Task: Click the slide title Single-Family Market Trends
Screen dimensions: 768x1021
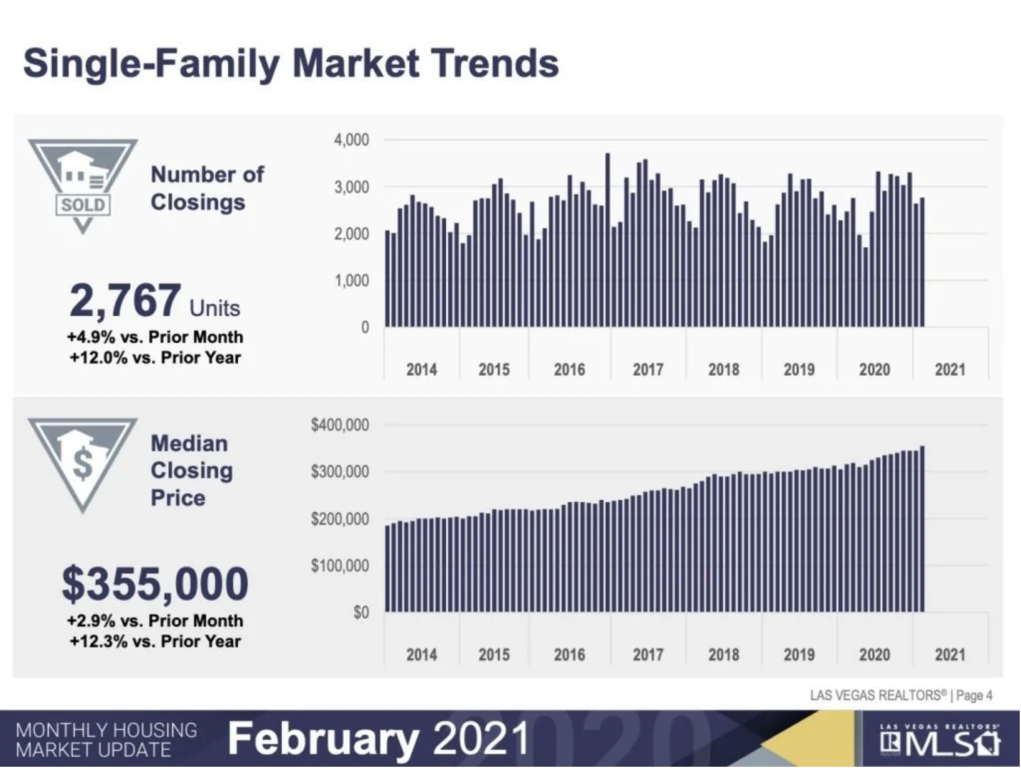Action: [x=291, y=63]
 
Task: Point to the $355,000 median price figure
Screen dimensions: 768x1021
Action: [x=155, y=584]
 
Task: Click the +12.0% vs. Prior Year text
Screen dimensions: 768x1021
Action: [x=155, y=358]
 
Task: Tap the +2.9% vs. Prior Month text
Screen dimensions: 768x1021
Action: [x=155, y=620]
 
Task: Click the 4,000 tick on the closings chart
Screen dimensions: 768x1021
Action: [x=351, y=140]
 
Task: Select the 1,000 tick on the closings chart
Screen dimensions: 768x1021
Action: [x=351, y=281]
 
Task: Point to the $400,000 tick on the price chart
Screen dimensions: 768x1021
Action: [x=340, y=425]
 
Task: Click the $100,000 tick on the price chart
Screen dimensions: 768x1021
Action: [x=340, y=566]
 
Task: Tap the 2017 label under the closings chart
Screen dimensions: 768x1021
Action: [x=647, y=370]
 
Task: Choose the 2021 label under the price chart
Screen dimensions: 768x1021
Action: [x=949, y=655]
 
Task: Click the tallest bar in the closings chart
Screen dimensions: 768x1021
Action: [x=608, y=240]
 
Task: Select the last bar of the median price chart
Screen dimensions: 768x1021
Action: [x=922, y=529]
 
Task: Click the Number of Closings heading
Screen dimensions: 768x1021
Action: [x=207, y=188]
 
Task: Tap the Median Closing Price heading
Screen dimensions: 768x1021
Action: [x=191, y=471]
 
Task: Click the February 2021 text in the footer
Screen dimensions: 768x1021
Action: [x=378, y=739]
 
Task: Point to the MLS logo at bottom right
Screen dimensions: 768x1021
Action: [x=941, y=741]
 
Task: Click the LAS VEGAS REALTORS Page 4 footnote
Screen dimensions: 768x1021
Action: [x=900, y=695]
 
